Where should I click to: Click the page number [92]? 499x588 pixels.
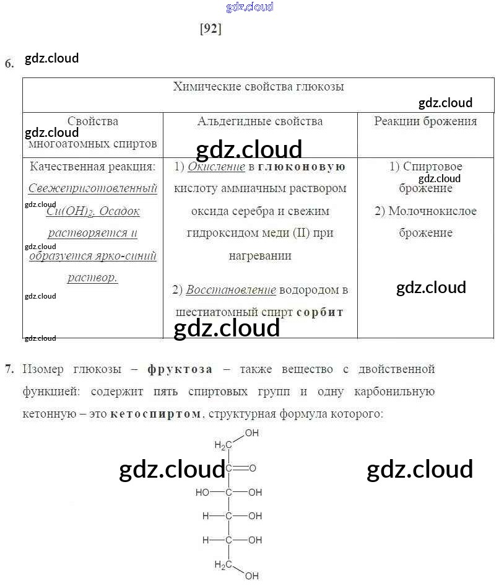pos(211,29)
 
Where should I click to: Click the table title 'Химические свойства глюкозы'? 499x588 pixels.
pos(259,87)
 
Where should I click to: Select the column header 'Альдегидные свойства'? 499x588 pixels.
pos(260,121)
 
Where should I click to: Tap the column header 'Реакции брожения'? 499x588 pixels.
pos(425,121)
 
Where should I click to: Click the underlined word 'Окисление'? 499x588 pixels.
pos(216,167)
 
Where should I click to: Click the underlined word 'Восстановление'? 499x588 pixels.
pos(231,290)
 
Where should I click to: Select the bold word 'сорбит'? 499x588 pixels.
pos(319,312)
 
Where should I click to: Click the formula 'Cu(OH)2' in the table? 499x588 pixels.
pos(70,211)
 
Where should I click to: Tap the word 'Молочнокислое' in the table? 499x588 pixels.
pos(433,211)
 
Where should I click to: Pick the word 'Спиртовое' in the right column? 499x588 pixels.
pos(433,166)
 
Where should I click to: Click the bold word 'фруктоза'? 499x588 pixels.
pos(180,370)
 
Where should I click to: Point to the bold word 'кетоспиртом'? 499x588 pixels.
pos(156,414)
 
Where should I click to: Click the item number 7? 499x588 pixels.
pos(9,369)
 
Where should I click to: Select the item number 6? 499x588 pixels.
pos(9,63)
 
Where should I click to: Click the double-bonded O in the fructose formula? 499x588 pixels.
pos(253,468)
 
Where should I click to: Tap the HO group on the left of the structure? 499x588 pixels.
pos(202,493)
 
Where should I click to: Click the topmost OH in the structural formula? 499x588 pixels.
pos(252,433)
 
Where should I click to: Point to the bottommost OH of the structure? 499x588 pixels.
pos(252,576)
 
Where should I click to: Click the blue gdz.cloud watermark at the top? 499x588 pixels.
pos(250,7)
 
